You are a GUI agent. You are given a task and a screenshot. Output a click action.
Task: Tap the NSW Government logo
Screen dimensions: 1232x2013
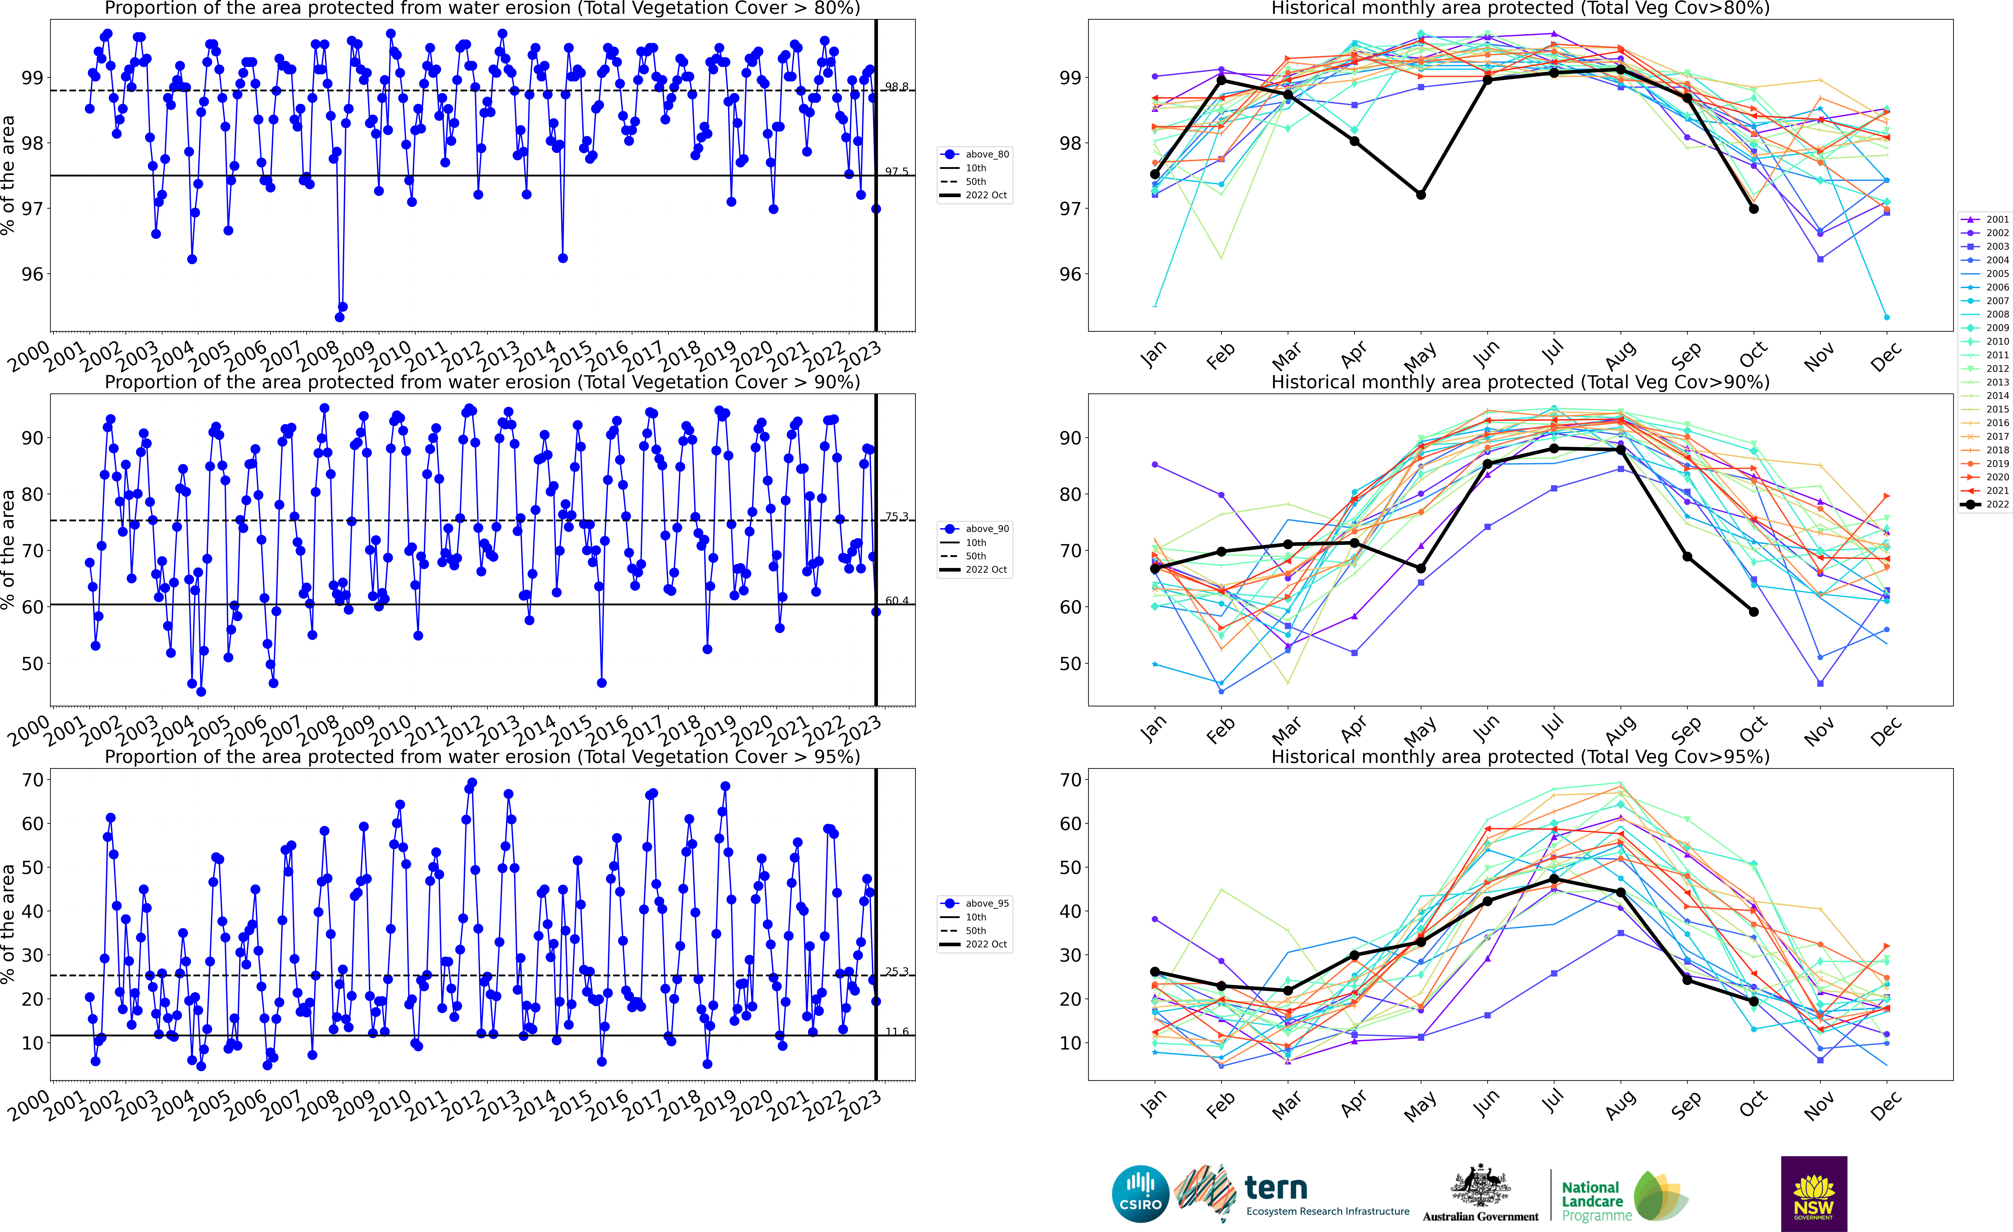[1814, 1194]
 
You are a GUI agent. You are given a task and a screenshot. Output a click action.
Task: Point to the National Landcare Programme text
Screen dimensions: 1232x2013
[1590, 1201]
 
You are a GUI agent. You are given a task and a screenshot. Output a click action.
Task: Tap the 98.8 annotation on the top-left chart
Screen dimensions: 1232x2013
[896, 87]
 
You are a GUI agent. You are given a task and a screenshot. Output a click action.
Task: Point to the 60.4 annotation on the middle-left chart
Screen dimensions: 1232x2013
[896, 601]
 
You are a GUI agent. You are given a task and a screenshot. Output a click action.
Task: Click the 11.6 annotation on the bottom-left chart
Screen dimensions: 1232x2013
[896, 1032]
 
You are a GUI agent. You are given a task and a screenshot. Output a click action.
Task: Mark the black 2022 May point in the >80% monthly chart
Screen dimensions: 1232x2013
[1421, 194]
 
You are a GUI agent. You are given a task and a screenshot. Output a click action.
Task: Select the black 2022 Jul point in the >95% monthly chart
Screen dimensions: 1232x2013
[1554, 878]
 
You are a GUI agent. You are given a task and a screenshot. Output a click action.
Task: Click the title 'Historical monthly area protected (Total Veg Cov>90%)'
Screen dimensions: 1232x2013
[1520, 382]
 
